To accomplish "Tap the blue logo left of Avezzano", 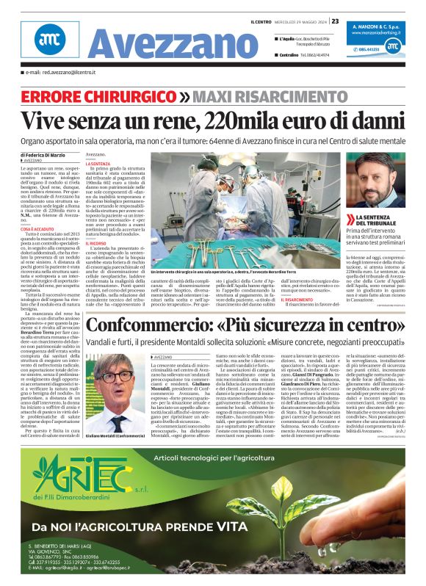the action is (49, 40).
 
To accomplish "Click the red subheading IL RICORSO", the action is (96, 243).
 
